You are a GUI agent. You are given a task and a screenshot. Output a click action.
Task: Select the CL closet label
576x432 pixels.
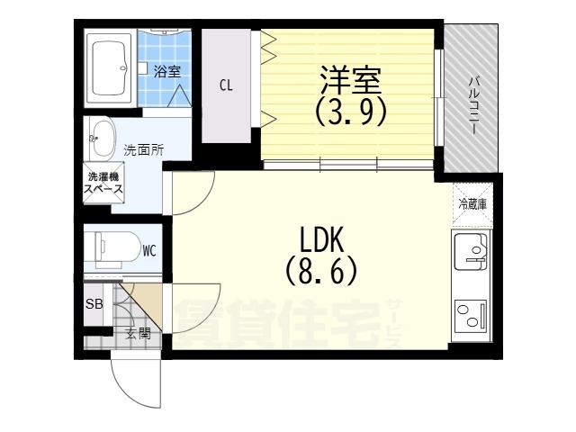(x=227, y=86)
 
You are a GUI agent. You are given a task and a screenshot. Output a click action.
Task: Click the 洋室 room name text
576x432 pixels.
(x=349, y=78)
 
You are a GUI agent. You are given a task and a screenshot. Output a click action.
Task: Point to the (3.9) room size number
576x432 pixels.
(x=349, y=112)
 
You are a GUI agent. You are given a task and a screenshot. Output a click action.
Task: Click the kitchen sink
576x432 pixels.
(x=469, y=248)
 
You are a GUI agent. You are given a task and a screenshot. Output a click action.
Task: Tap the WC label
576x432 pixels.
(x=149, y=251)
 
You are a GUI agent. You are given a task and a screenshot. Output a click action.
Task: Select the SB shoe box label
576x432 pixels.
(x=94, y=304)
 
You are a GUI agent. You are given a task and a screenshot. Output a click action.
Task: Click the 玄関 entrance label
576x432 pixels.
(x=137, y=335)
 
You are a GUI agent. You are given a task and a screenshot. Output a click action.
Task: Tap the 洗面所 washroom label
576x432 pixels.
(x=143, y=149)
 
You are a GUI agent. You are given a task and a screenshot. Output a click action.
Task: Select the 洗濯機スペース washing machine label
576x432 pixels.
(x=104, y=183)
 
